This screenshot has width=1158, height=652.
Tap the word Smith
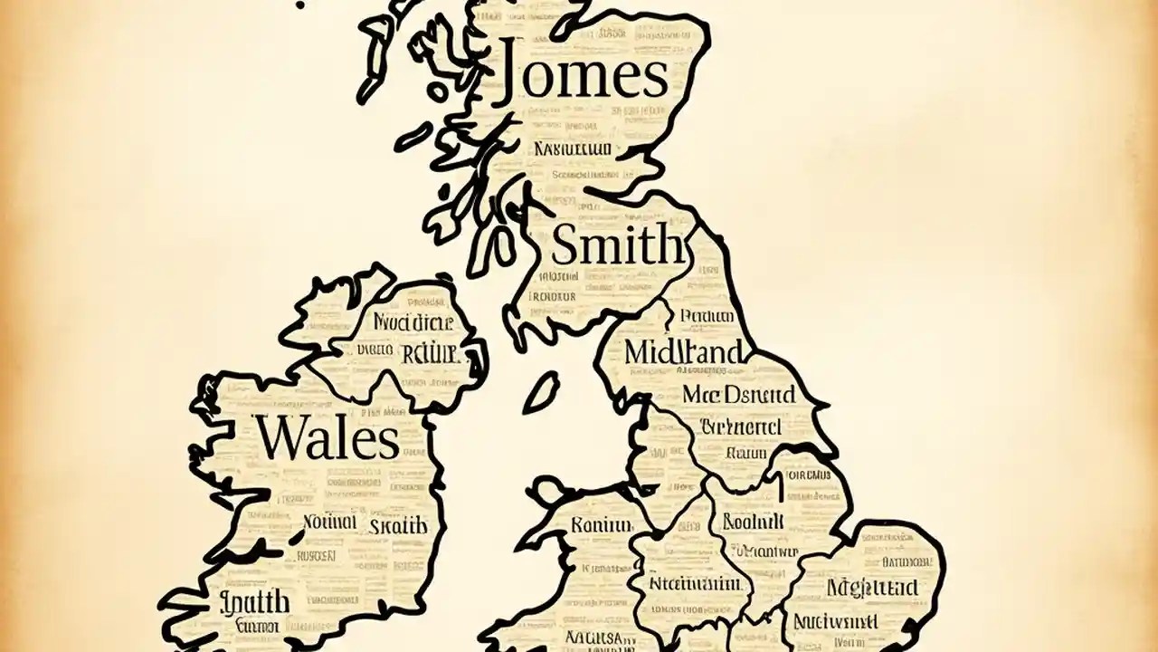click(x=618, y=244)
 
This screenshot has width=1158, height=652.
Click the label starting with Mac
click(x=739, y=394)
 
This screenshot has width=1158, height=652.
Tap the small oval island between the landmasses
click(x=540, y=392)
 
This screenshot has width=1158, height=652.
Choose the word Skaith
click(x=398, y=524)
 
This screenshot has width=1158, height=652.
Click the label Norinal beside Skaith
click(x=328, y=523)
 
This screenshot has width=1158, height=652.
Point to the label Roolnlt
click(x=753, y=522)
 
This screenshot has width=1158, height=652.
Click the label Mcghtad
click(x=872, y=587)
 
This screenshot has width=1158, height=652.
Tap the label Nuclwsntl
click(x=835, y=621)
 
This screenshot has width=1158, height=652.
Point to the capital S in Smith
click(x=565, y=245)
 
